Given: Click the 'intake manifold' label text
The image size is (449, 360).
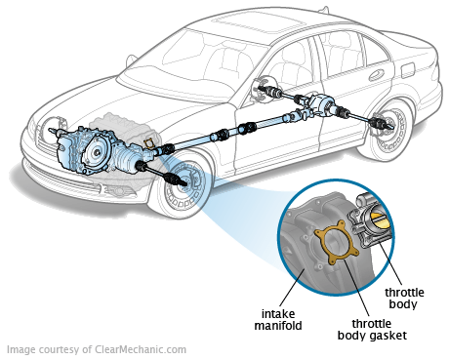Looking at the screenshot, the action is coord(278,320).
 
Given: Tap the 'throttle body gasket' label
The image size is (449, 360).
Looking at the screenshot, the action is coord(372,330).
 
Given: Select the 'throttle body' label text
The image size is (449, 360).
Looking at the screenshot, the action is coord(404,298).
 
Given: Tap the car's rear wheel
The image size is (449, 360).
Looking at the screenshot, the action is coord(388,129).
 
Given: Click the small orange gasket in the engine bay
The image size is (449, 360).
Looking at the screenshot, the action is coord(149,143).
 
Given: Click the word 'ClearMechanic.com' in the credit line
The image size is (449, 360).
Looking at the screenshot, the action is coord(141,349).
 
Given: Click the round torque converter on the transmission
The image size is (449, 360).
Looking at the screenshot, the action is coord(96,152).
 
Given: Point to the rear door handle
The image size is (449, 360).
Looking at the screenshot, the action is coord(376,77).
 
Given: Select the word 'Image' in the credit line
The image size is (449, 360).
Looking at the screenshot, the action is coord(20,349).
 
